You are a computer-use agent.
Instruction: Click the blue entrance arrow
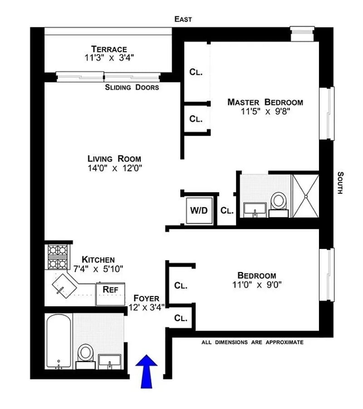[147, 371]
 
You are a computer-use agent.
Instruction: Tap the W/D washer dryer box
[199, 210]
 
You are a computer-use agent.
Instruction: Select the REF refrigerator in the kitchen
[110, 294]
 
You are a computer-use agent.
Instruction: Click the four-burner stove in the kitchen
[58, 257]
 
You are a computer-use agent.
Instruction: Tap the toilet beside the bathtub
[86, 356]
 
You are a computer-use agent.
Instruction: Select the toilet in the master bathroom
[279, 205]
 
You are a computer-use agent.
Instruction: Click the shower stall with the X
[305, 196]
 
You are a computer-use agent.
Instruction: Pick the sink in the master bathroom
[255, 210]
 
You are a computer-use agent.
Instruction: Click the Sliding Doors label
[132, 88]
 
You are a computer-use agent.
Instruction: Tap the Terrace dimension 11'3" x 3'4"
[109, 58]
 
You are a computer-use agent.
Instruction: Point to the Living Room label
[114, 159]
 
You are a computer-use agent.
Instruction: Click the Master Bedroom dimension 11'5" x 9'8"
[265, 112]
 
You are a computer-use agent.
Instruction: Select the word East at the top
[183, 19]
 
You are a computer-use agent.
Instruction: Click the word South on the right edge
[340, 183]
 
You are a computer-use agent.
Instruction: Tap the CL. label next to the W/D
[227, 210]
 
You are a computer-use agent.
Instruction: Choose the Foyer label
[147, 298]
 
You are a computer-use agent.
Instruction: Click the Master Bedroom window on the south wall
[327, 113]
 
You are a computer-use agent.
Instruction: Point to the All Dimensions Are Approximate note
[252, 342]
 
